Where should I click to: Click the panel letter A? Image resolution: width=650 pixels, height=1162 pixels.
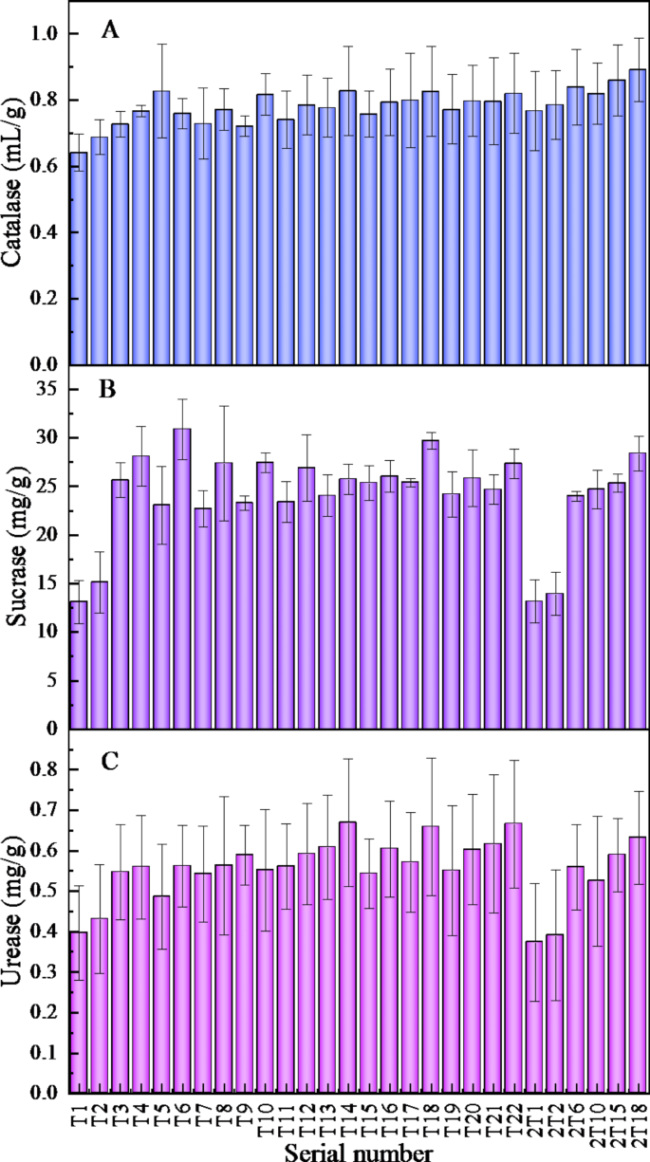(110, 31)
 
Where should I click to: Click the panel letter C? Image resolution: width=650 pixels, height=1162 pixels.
(110, 763)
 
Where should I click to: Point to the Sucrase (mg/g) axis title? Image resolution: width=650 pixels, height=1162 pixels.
(15, 555)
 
